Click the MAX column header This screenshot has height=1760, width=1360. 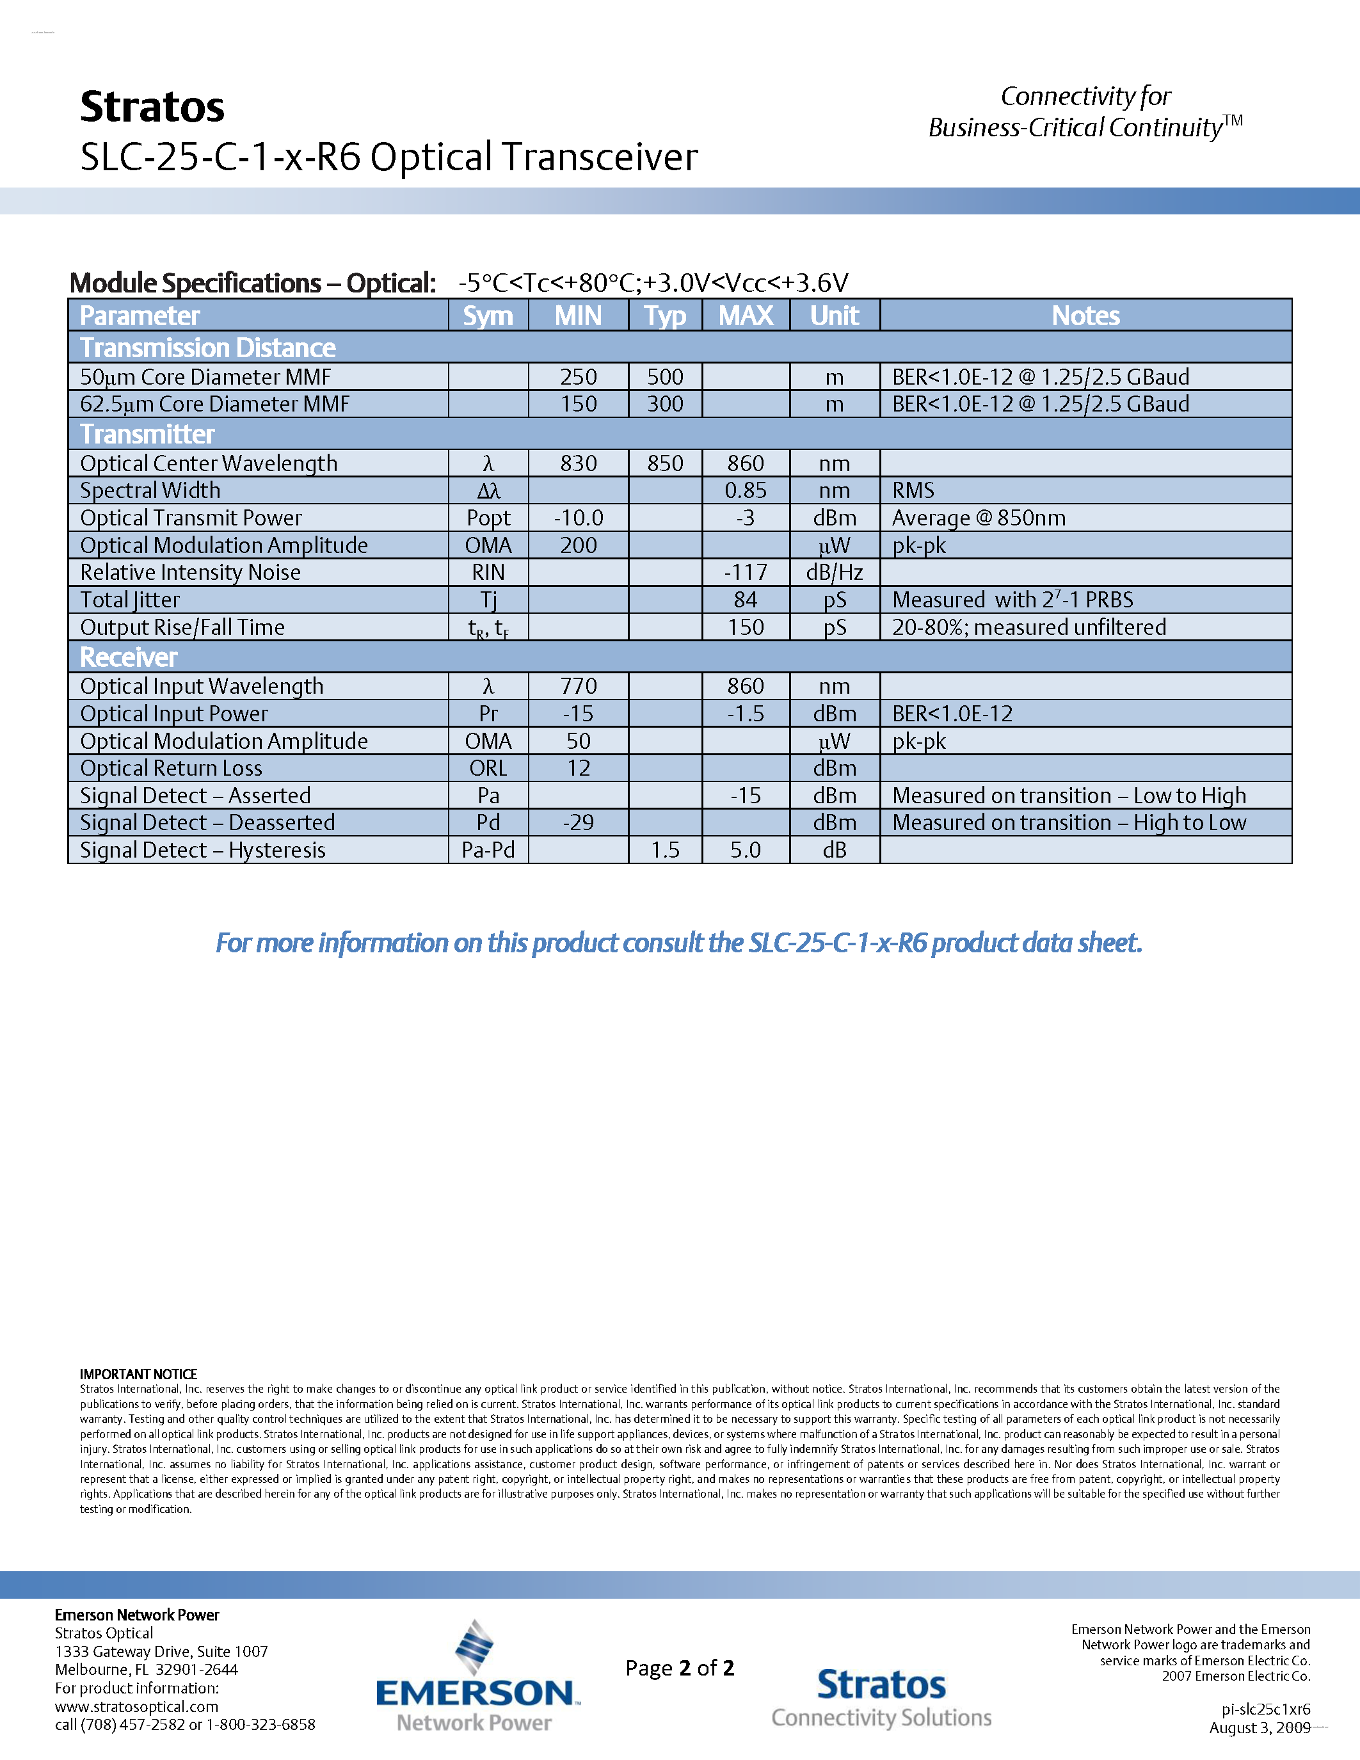pos(745,315)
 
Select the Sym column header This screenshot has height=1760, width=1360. pos(488,315)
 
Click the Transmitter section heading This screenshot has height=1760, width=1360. pos(147,435)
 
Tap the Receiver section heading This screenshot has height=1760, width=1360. pos(128,657)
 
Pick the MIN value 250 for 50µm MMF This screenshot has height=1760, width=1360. pos(579,377)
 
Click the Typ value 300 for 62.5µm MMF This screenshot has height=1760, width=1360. pos(665,404)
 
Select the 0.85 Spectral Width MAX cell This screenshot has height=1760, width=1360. pos(745,491)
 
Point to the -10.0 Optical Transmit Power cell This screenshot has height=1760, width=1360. pos(579,518)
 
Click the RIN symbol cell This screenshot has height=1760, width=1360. pos(488,572)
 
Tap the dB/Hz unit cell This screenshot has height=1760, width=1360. pos(834,572)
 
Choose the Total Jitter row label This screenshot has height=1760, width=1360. pos(130,600)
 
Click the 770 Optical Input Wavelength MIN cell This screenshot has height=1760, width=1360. pos(579,687)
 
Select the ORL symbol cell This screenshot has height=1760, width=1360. pos(488,768)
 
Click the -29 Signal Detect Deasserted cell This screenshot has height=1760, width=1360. pos(579,823)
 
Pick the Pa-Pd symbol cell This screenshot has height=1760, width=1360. pos(488,850)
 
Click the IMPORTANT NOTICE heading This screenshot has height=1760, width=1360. pos(139,1374)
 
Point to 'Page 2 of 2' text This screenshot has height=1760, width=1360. pos(679,1667)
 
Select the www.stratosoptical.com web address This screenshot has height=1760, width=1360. pos(136,1706)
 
